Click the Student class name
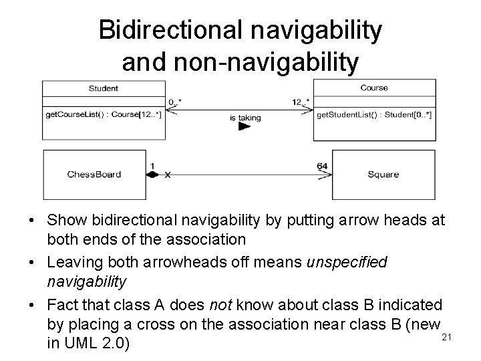[103, 88]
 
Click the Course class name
[373, 88]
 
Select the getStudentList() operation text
[373, 115]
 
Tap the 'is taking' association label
[245, 118]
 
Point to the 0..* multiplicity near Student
[175, 102]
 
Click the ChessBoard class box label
[94, 174]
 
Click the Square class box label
[383, 174]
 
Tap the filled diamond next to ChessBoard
[152, 174]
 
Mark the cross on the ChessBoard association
[168, 174]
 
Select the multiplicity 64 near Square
[322, 166]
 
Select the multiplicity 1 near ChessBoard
[152, 166]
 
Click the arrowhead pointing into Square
[327, 174]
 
